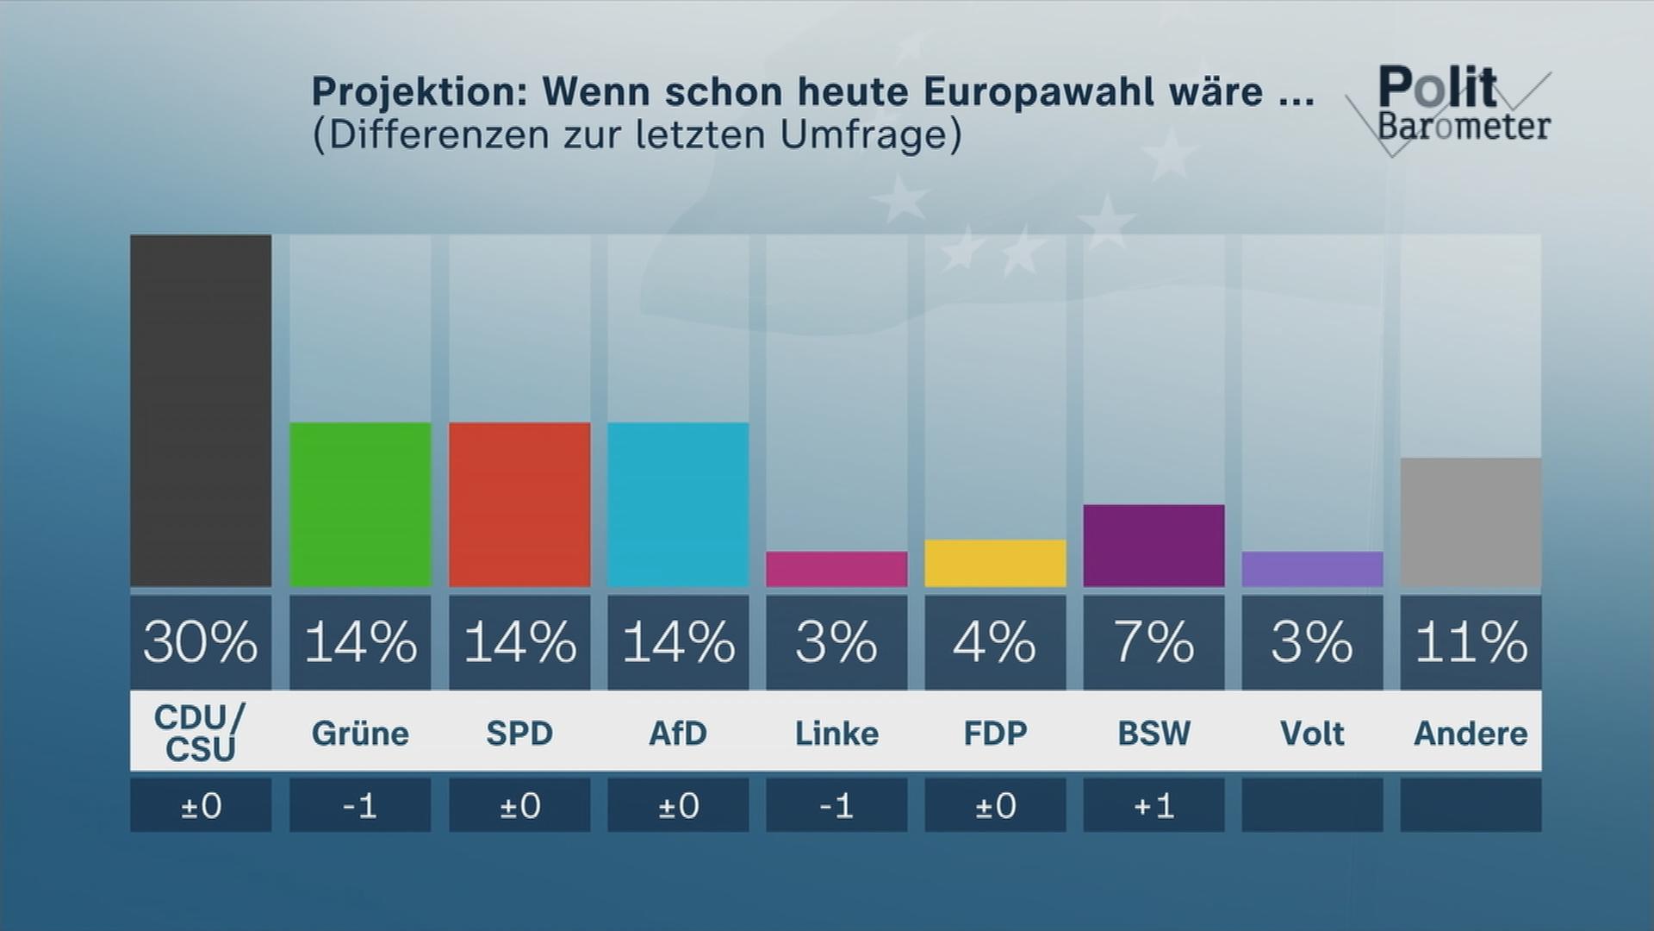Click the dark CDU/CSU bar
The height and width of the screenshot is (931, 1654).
click(x=201, y=410)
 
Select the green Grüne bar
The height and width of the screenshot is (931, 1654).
click(x=360, y=504)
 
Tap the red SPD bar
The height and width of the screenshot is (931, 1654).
click(x=519, y=504)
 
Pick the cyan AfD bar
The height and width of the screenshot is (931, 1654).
click(x=678, y=504)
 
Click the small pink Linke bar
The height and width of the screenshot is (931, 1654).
click(x=836, y=569)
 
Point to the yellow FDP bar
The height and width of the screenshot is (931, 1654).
click(x=995, y=563)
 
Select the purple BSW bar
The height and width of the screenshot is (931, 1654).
click(x=1153, y=546)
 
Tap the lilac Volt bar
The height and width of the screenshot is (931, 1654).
click(x=1312, y=569)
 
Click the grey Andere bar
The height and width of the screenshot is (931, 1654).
click(x=1471, y=522)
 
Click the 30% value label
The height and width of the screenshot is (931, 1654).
click(x=201, y=642)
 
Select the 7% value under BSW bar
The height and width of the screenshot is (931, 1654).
click(x=1153, y=642)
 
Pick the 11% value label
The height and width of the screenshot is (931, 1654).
click(x=1471, y=642)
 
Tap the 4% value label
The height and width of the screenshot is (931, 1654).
click(x=995, y=642)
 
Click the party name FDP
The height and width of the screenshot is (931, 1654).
click(x=995, y=734)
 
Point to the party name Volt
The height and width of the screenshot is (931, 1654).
click(x=1312, y=734)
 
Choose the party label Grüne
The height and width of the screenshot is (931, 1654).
click(x=360, y=734)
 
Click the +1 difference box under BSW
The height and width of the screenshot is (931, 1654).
click(x=1153, y=806)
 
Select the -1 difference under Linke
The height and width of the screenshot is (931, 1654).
click(x=836, y=806)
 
